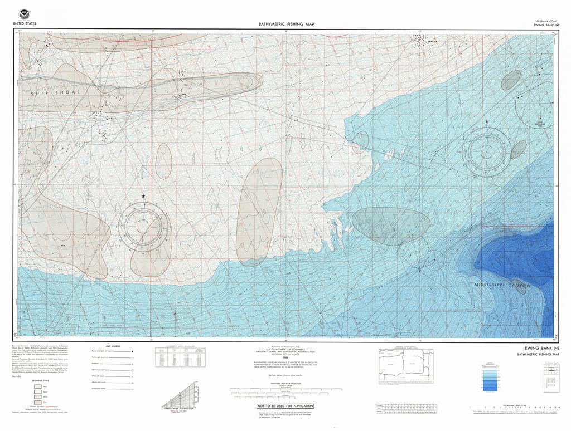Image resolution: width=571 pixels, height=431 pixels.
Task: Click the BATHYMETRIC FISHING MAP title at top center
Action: (x=286, y=25)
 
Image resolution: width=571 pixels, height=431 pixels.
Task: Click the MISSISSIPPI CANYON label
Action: (x=502, y=285)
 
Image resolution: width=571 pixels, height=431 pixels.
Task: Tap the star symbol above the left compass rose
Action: (x=143, y=197)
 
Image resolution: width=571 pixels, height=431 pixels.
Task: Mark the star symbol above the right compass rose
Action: (x=487, y=121)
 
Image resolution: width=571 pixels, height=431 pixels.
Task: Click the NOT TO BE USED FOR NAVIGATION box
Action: (x=285, y=407)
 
